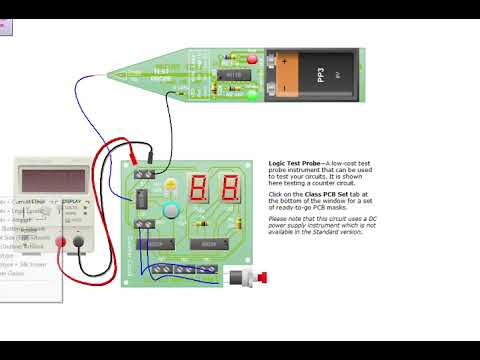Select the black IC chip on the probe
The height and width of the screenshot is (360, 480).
pos(231,75)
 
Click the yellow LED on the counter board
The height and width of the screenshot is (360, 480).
pos(171,185)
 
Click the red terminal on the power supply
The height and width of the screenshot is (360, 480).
pos(61,242)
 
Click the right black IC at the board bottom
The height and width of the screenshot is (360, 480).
pos(209,244)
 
